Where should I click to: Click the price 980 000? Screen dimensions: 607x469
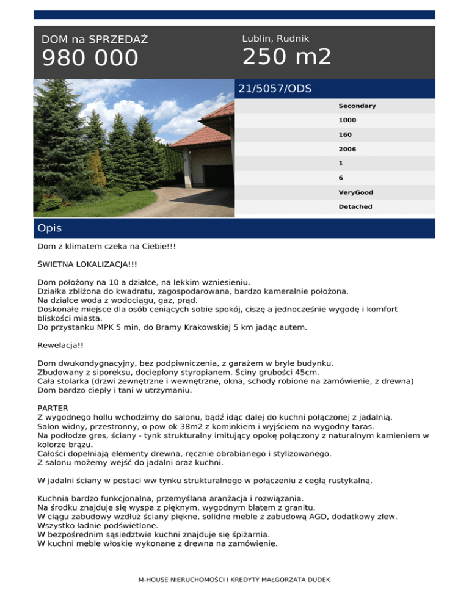[90, 59]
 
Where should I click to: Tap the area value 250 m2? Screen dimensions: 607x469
[286, 57]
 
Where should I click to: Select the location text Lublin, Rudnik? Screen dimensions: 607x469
[275, 38]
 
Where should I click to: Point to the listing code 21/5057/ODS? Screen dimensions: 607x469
[275, 89]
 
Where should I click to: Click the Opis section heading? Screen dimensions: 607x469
[49, 228]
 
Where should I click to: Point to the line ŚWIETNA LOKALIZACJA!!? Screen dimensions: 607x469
[87, 266]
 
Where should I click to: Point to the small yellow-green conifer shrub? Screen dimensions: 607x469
[96, 170]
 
